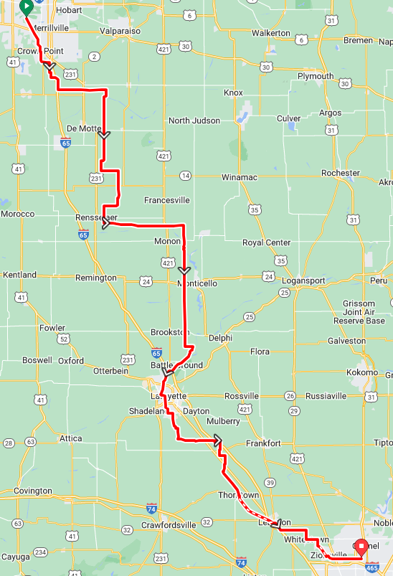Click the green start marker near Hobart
(x=27, y=8)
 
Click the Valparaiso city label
(x=120, y=32)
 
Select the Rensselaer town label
(x=96, y=217)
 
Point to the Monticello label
(x=197, y=283)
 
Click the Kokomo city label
(x=361, y=372)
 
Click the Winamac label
(x=238, y=176)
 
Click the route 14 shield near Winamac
(x=186, y=176)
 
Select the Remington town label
(x=95, y=278)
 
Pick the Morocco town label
(x=18, y=214)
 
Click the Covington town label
(x=32, y=491)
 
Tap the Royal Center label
(x=267, y=242)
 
